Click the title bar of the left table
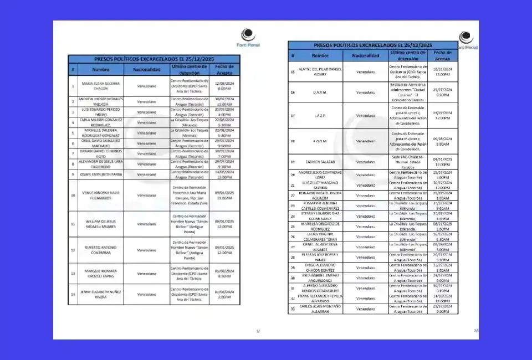(155, 58)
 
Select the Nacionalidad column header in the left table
(146, 69)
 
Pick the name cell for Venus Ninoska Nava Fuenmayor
(100, 195)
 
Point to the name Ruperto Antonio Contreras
(100, 250)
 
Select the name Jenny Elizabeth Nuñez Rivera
(100, 294)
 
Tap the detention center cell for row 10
(190, 195)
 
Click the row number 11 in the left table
(73, 224)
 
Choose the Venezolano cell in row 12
(146, 250)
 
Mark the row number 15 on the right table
(293, 71)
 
